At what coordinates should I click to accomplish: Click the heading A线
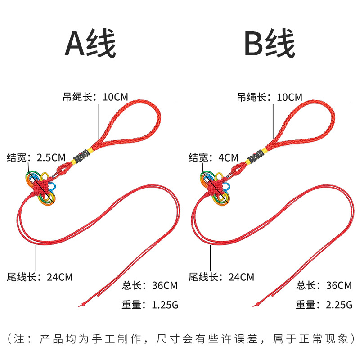pos(90,43)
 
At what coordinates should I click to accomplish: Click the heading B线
pos(270,43)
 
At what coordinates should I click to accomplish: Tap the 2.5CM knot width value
pos(51,158)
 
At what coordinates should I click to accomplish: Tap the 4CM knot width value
pos(229,158)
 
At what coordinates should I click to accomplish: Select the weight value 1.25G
pos(165,305)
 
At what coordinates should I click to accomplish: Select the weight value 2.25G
pos(339,305)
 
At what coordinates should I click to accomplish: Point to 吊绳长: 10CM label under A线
pos(95,97)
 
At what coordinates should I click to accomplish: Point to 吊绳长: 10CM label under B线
pos(270,97)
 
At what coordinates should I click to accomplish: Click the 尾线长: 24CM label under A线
pos(40,277)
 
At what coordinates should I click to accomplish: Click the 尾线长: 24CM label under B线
pos(221,277)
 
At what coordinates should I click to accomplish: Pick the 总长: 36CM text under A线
pos(150,285)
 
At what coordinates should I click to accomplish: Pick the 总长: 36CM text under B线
pos(324,285)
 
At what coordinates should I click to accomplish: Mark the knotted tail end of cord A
pos(81,305)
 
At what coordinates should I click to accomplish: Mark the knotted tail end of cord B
pos(255,305)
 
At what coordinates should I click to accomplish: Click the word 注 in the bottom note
pos(19,339)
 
